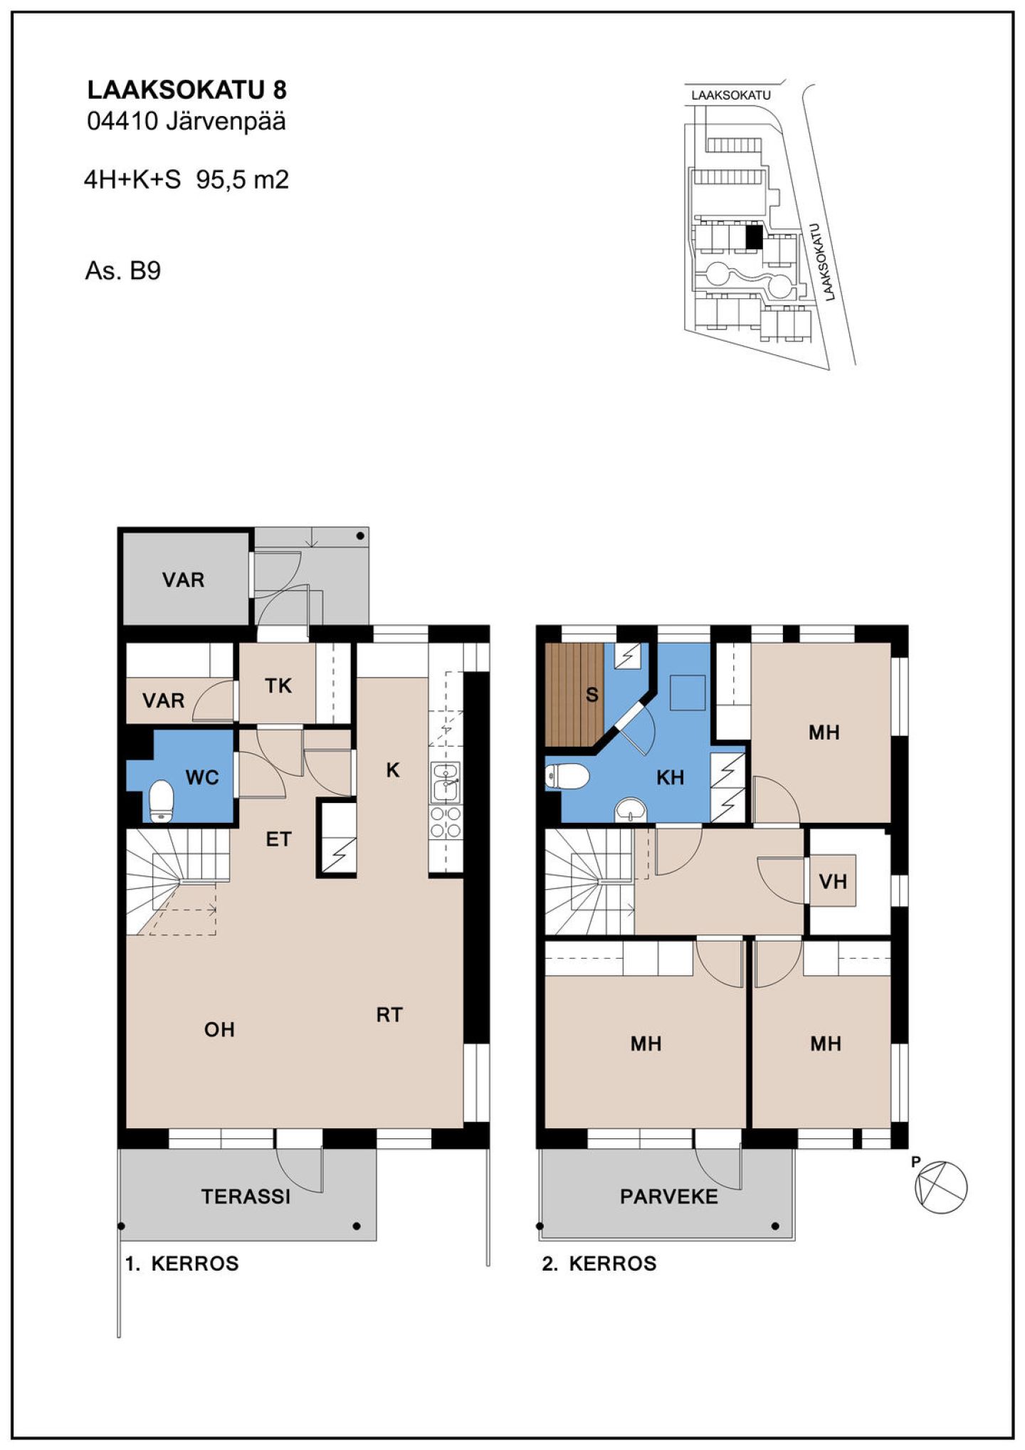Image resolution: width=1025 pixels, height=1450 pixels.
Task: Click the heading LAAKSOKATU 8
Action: [x=186, y=90]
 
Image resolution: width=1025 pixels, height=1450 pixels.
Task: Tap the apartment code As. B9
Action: [x=122, y=270]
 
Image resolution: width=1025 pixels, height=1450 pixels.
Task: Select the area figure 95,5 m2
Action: [x=243, y=179]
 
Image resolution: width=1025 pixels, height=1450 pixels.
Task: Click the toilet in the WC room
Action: [x=162, y=801]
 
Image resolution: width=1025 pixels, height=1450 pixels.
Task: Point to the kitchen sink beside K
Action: [x=446, y=782]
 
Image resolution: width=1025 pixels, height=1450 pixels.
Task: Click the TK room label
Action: [x=278, y=685]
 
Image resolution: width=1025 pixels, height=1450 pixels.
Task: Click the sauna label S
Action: [x=592, y=694]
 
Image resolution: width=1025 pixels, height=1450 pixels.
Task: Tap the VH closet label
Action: [x=833, y=882]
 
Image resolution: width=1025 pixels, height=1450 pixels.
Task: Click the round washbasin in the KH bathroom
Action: [x=631, y=809]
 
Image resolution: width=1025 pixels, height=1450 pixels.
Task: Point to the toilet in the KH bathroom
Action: [x=567, y=777]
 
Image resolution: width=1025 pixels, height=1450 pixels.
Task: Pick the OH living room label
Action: [x=219, y=1029]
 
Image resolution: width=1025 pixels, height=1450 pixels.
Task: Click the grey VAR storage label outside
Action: [x=183, y=580]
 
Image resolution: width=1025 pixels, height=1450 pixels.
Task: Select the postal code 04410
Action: [x=122, y=121]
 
